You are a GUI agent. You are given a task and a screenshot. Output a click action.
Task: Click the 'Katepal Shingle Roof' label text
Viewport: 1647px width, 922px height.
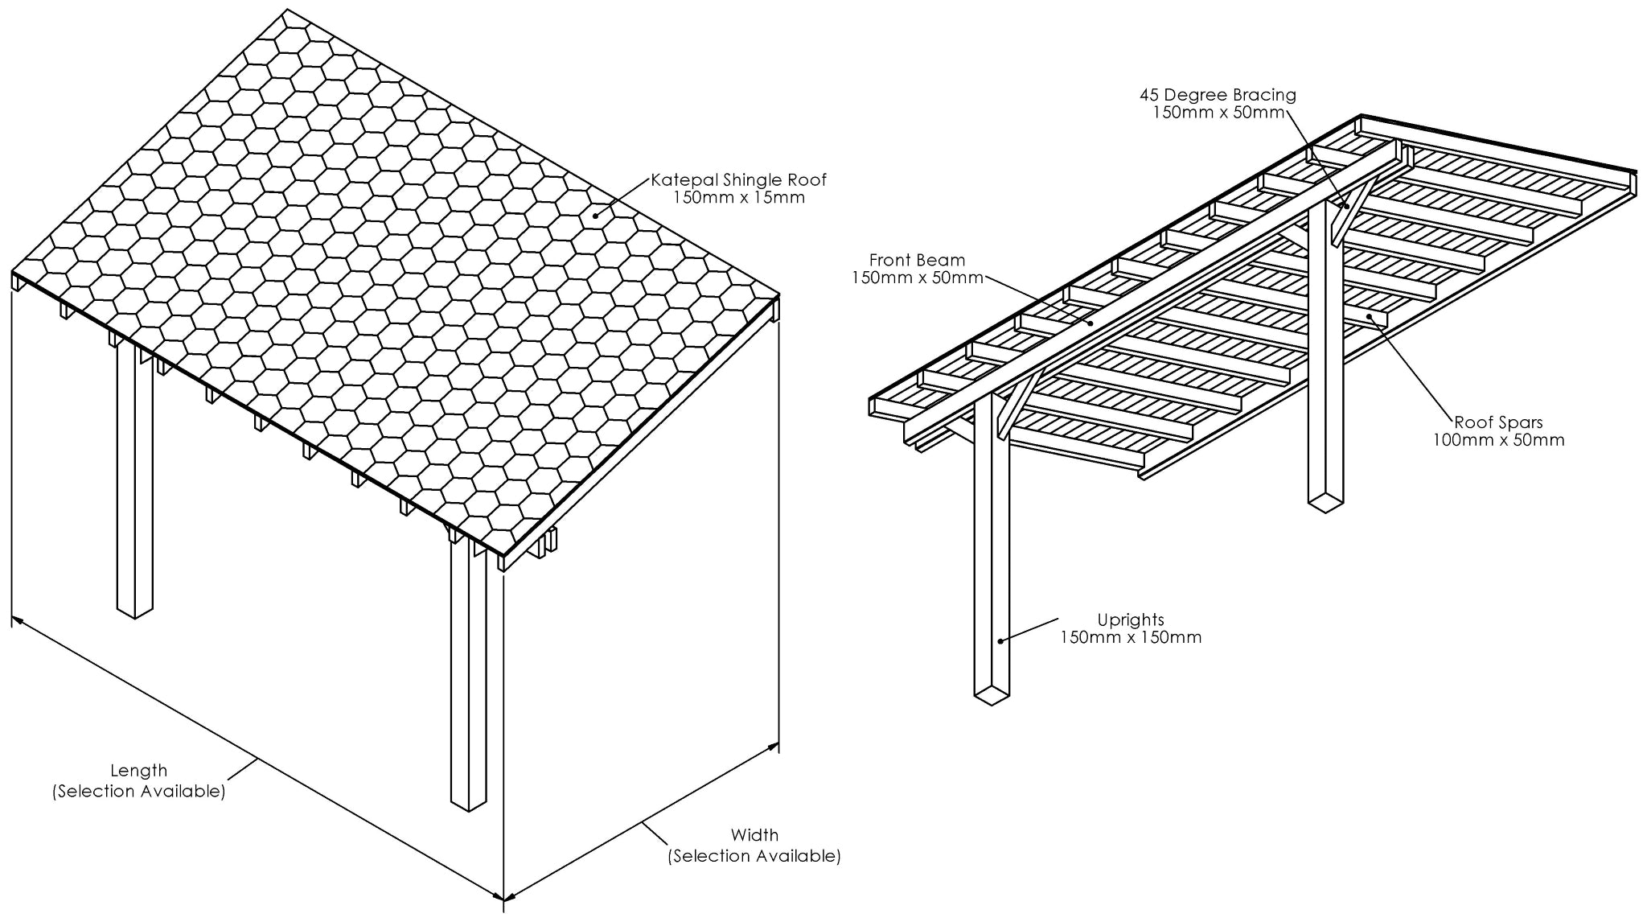coord(738,180)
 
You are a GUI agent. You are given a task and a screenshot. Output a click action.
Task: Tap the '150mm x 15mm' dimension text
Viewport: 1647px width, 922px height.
coord(738,198)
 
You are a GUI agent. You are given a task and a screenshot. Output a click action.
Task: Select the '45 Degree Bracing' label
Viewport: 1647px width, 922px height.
coord(1218,95)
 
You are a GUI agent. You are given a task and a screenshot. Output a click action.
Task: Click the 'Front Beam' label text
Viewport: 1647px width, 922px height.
coord(917,260)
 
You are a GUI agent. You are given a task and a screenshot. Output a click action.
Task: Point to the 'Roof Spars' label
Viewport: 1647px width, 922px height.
coord(1498,422)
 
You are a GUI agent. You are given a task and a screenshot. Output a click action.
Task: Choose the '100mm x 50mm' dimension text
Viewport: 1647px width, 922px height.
coord(1498,440)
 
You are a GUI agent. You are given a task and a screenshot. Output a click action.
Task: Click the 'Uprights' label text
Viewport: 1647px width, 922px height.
coord(1131,619)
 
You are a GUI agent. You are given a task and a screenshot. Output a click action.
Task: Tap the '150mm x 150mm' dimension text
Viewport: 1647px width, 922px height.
coord(1131,637)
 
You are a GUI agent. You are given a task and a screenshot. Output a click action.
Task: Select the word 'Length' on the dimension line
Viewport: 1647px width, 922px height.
coord(138,771)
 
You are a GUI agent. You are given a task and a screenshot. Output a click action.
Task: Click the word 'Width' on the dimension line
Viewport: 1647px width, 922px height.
coord(754,835)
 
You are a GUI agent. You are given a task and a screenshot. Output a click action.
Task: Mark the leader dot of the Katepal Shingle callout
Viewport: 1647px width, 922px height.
coord(595,215)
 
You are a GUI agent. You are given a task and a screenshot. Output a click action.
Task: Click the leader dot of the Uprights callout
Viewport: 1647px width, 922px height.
coord(1000,640)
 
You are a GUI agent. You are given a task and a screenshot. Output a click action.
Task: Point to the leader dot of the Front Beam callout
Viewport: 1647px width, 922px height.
coord(1090,323)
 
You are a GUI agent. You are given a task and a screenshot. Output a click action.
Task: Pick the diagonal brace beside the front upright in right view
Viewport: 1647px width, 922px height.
coord(1016,407)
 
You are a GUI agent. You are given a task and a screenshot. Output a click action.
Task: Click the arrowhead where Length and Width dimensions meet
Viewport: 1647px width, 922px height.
coord(503,897)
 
